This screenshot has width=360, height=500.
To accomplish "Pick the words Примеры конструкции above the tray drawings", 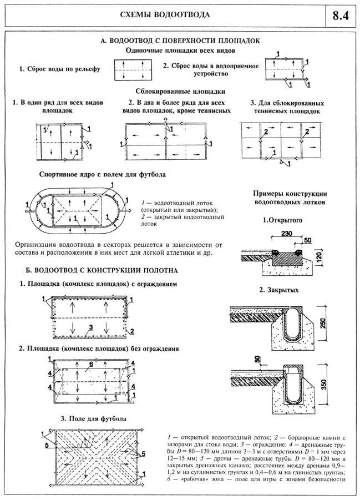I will (x=289, y=194).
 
